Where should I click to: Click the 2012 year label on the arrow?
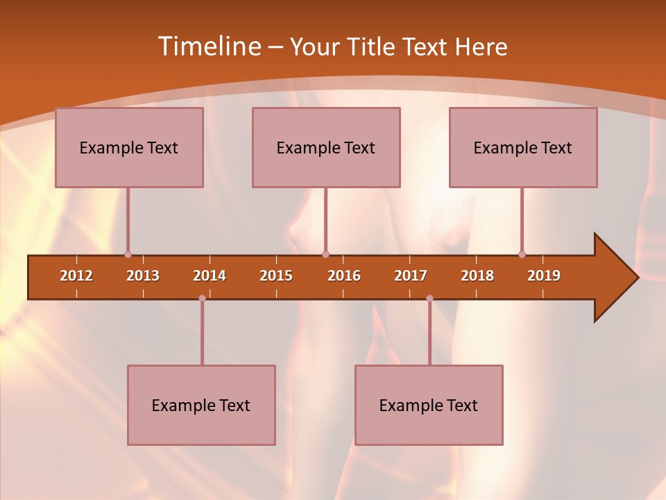pyautogui.click(x=76, y=276)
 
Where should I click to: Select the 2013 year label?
pyautogui.click(x=143, y=276)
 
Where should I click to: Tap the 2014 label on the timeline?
pyautogui.click(x=210, y=276)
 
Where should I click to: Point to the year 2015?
pyautogui.click(x=276, y=276)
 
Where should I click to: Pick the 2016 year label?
pyautogui.click(x=344, y=276)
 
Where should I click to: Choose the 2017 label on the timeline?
pyautogui.click(x=411, y=276)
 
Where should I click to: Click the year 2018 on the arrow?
pyautogui.click(x=477, y=276)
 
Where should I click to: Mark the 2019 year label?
pyautogui.click(x=544, y=276)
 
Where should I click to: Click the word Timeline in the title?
pyautogui.click(x=209, y=47)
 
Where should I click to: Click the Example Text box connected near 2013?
pyautogui.click(x=129, y=147)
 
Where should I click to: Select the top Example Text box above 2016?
pyautogui.click(x=326, y=147)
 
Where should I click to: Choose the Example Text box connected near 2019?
pyautogui.click(x=523, y=147)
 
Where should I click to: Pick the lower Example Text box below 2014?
pyautogui.click(x=201, y=405)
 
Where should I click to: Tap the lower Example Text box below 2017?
pyautogui.click(x=429, y=405)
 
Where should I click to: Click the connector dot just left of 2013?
pyautogui.click(x=128, y=255)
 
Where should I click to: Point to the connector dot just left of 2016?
pyautogui.click(x=325, y=255)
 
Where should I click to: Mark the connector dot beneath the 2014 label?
pyautogui.click(x=202, y=299)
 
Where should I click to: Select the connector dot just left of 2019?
pyautogui.click(x=522, y=255)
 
